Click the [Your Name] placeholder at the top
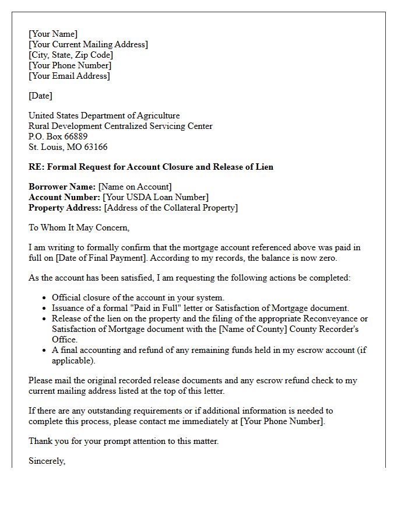point(53,34)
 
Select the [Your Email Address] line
point(69,76)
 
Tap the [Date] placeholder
point(40,96)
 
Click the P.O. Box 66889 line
point(58,136)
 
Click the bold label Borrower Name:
point(62,187)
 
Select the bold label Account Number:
point(64,197)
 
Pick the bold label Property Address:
point(65,208)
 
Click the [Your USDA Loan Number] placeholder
point(156,197)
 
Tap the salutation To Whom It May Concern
point(79,228)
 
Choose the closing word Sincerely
point(47,461)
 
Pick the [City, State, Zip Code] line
point(71,55)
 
